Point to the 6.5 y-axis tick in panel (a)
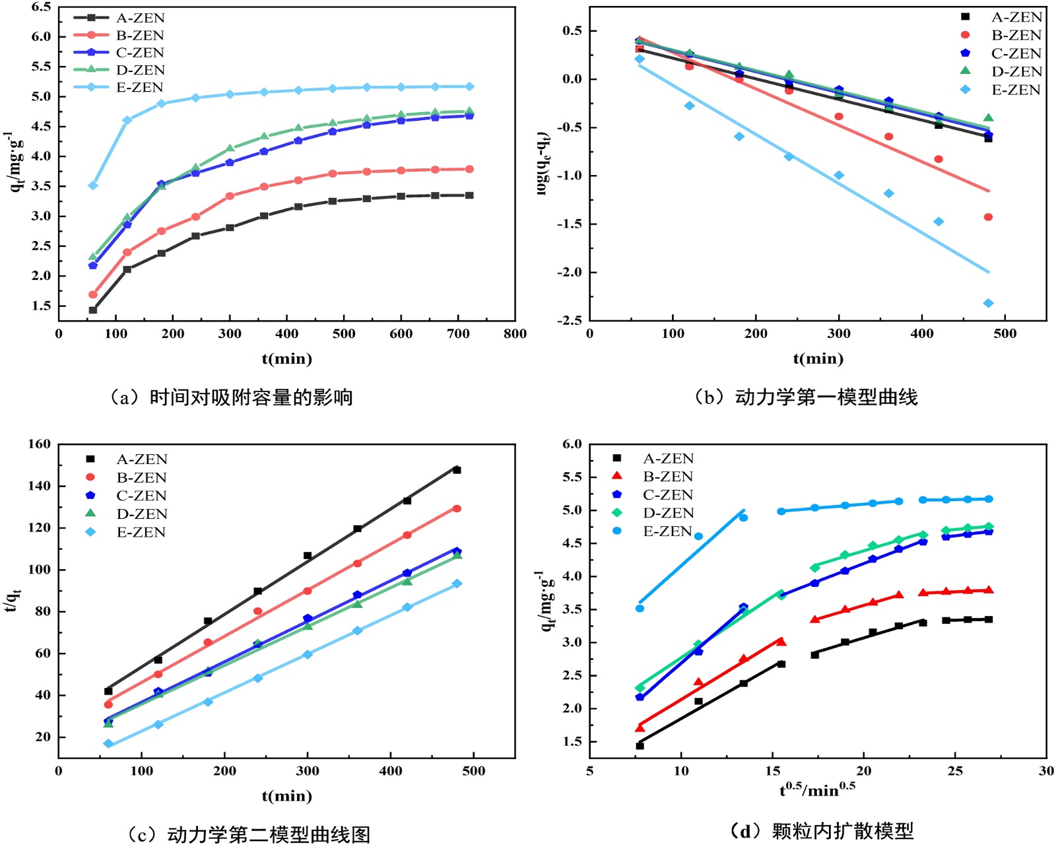coord(41,7)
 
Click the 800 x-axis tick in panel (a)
coord(515,334)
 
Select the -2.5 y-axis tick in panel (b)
coord(568,320)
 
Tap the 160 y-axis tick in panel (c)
coord(39,444)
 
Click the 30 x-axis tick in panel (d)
coord(1046,770)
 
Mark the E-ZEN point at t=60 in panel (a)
coord(93,186)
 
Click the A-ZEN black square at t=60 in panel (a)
coord(93,310)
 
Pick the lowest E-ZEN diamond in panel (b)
coord(988,303)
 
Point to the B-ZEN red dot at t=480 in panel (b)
coord(988,217)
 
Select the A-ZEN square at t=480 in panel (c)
coord(457,470)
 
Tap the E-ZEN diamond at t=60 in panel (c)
coord(108,744)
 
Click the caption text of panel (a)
coord(231,397)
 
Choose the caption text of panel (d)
coord(822,830)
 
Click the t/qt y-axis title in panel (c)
coord(13,599)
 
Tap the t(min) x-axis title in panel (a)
coord(286,359)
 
